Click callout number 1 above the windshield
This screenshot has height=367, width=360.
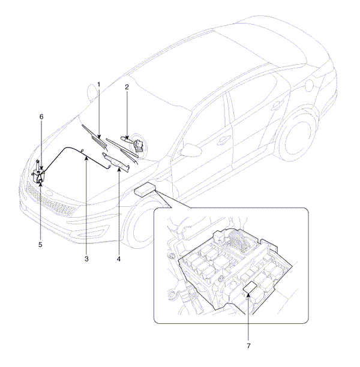click(98, 85)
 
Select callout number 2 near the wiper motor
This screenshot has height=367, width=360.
click(127, 88)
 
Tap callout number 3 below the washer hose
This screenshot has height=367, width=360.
click(86, 259)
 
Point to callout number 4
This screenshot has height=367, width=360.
click(119, 259)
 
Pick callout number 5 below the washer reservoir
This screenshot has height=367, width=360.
click(40, 245)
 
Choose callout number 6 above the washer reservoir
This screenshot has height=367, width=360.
click(41, 116)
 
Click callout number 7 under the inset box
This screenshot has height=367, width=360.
click(248, 345)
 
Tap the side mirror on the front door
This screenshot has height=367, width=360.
click(191, 149)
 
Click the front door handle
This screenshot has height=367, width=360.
click(222, 140)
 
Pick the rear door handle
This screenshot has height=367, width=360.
click(278, 105)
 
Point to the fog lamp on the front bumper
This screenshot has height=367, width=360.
click(91, 233)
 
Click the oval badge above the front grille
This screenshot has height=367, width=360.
click(49, 193)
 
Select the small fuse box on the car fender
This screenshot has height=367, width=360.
click(145, 189)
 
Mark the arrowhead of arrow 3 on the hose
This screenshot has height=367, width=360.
click(86, 158)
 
